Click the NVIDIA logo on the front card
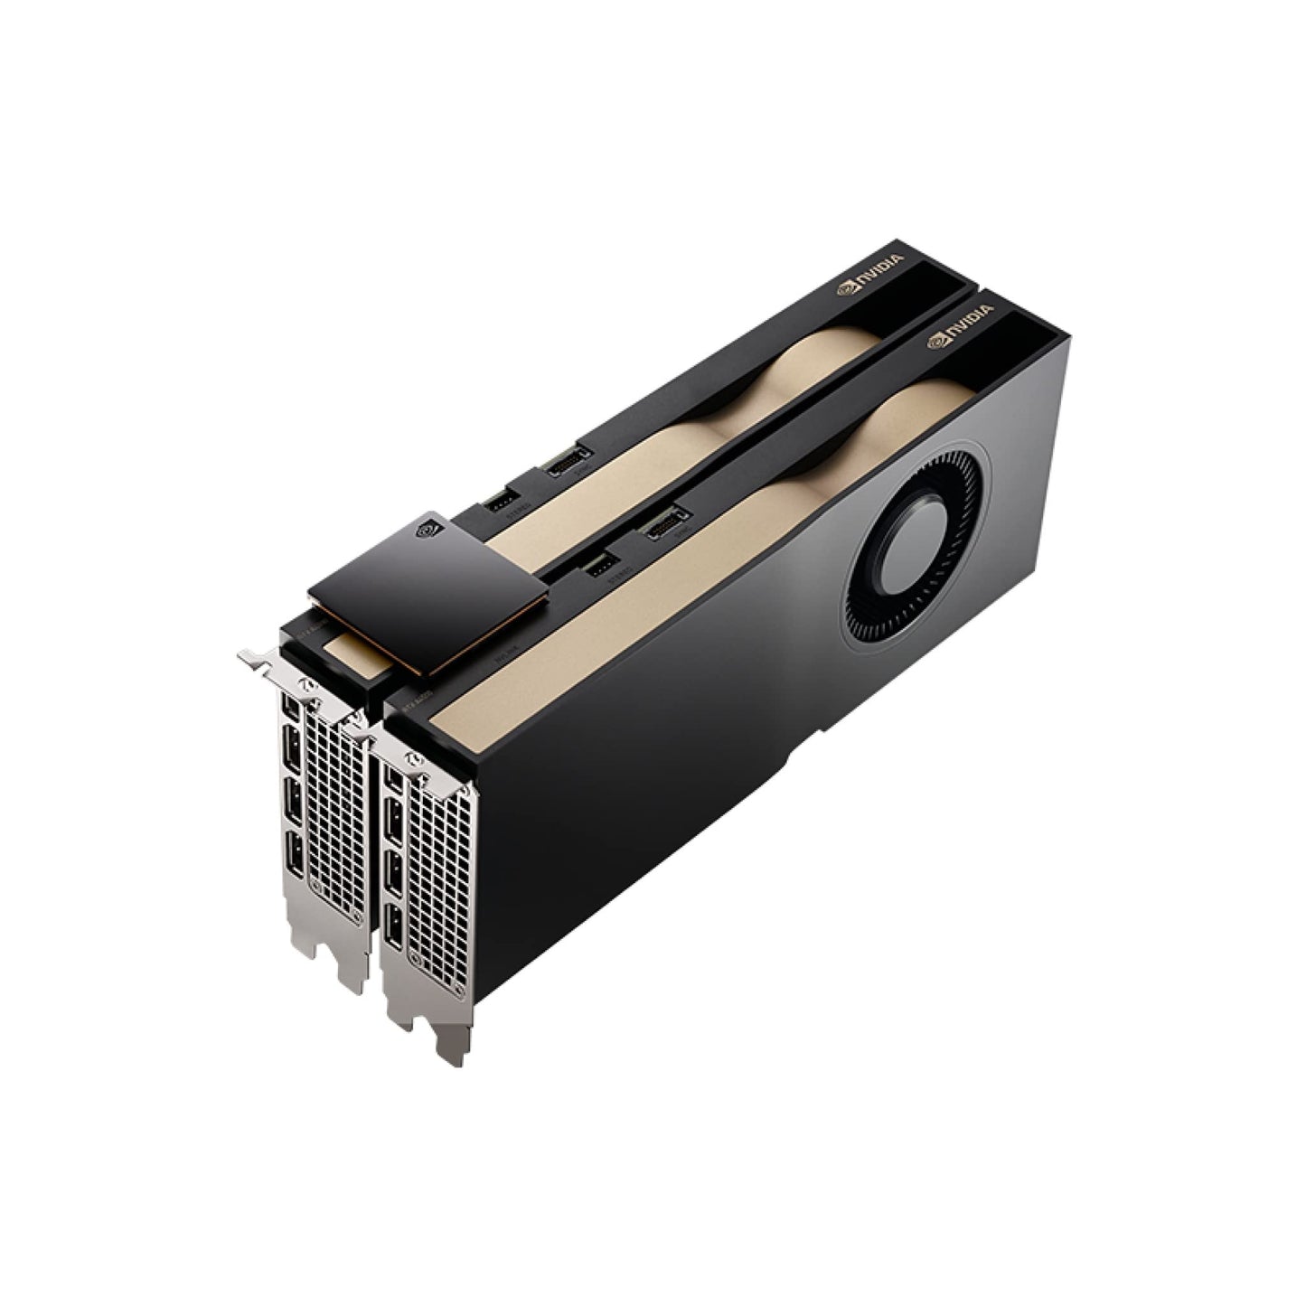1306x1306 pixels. (960, 326)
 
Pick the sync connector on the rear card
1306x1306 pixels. (568, 458)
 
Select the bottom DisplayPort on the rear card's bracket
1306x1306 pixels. (295, 850)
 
